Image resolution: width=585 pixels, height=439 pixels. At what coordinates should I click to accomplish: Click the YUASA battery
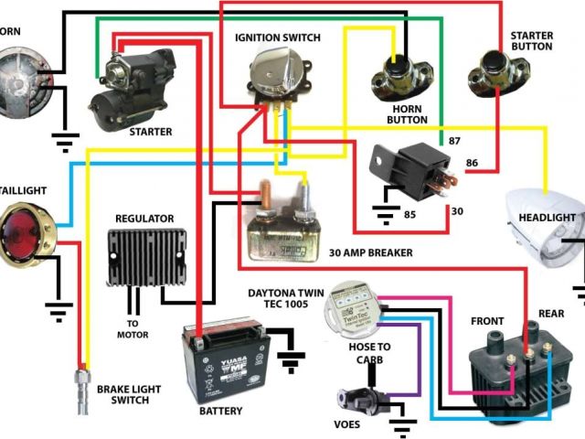[222, 364]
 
